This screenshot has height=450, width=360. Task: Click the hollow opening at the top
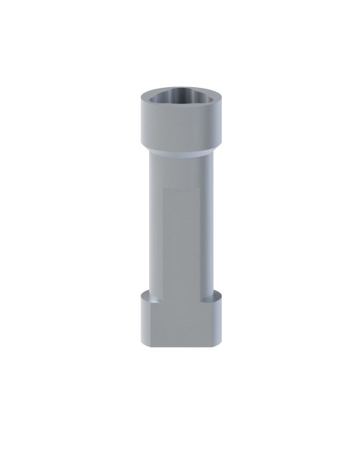179,99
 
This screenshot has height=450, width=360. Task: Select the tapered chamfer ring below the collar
179,153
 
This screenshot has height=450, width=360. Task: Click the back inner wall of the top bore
179,94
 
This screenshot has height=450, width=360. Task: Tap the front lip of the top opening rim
179,109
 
